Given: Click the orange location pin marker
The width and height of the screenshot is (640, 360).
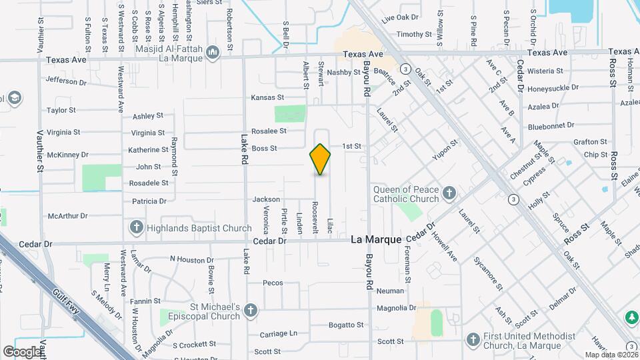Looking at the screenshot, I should pos(320,159).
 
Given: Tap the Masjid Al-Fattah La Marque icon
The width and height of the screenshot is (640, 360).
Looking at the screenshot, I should pos(213,51).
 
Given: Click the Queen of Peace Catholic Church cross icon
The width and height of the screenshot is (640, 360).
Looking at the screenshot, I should pos(449,194).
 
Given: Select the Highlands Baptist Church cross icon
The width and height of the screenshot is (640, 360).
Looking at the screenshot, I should pos(137,228).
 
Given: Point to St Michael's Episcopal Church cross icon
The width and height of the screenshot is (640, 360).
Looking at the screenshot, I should pos(251,311).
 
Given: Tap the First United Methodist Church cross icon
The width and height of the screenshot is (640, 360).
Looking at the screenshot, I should pos(473,340).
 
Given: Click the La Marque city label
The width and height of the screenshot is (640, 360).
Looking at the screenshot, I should pos(376,239).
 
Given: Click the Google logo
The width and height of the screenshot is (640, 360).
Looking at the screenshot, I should pos(22,351).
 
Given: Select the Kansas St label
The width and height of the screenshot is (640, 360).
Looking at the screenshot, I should pos(267,97).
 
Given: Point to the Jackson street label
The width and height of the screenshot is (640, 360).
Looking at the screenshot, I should pos(266,199).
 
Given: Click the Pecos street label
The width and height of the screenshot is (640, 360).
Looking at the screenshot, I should pos(273,283).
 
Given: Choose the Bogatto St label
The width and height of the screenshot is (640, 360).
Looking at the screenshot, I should pos(347,325).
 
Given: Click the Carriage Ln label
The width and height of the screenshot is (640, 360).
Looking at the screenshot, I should pos(278,333).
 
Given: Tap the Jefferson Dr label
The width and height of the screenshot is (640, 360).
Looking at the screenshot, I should pos(67,81).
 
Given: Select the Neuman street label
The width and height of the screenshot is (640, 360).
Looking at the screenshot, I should pos(390,291).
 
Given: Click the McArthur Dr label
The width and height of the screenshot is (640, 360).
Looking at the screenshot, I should pos(68,216).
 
